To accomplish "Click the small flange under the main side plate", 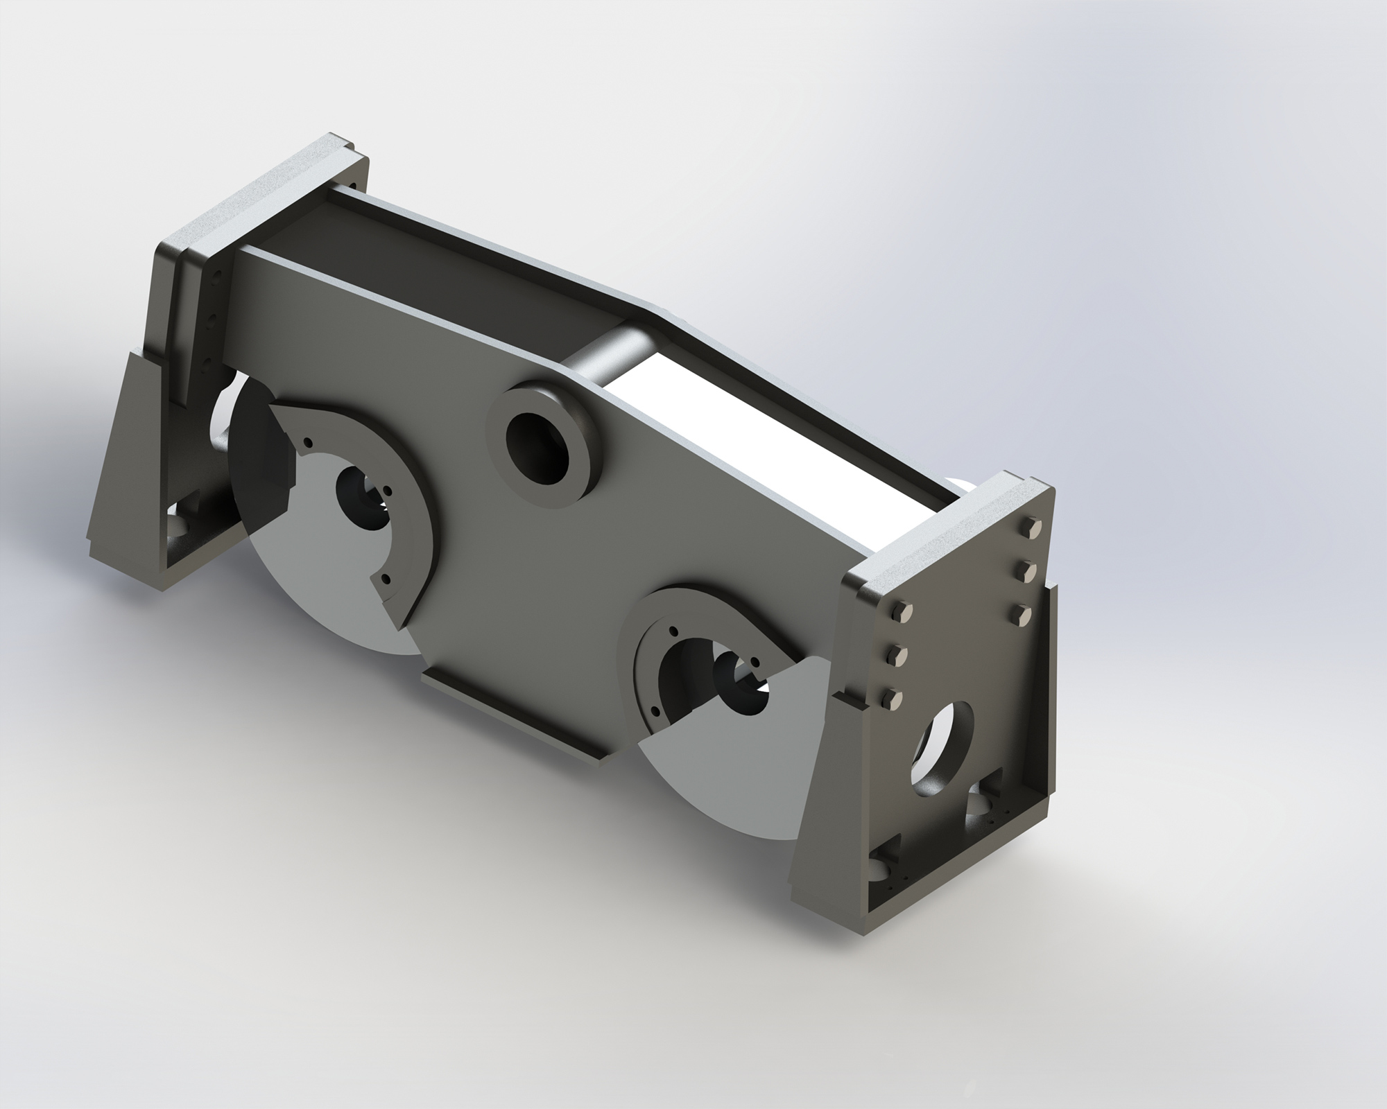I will point(513,721).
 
